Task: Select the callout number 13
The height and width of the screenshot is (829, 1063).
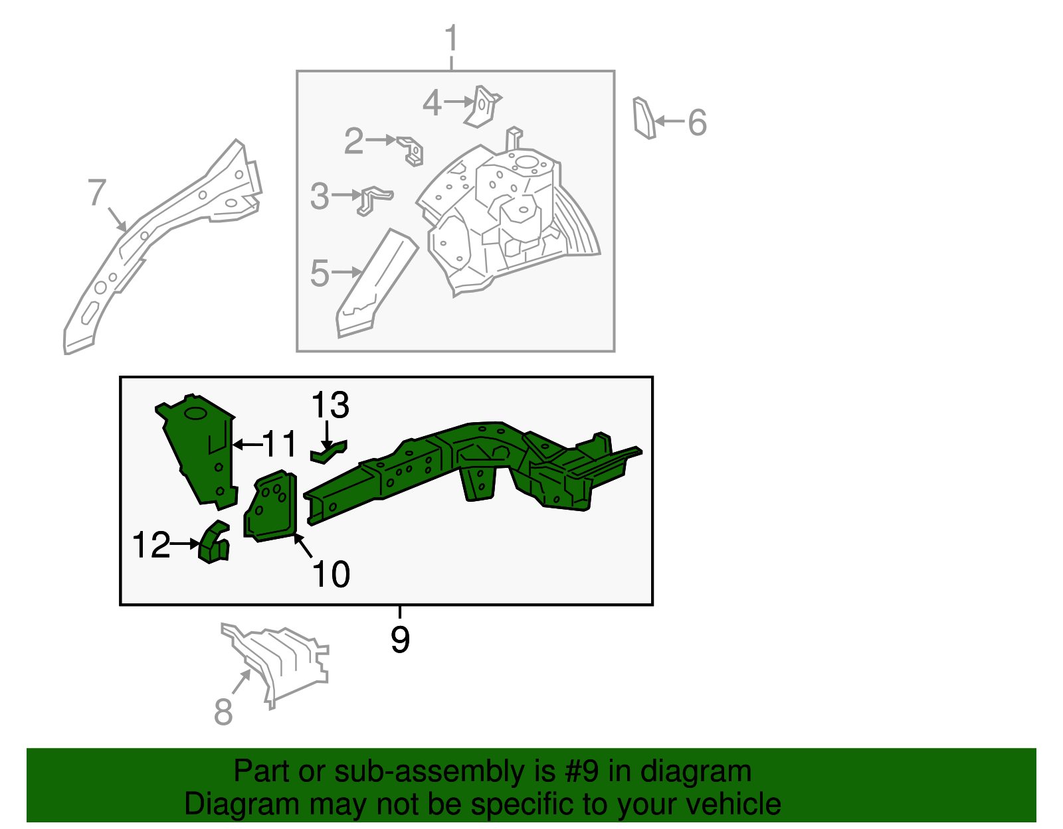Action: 330,405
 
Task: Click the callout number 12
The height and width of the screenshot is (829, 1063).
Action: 151,545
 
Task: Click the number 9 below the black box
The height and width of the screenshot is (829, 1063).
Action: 400,639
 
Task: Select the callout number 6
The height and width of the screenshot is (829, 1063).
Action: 697,122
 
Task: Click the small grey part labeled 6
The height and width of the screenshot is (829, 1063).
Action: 644,118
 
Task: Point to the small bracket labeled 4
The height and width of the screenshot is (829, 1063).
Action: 483,106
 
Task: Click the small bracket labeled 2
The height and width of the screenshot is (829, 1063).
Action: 410,151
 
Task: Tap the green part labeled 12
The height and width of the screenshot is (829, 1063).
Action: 214,542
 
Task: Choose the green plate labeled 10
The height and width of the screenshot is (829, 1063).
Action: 270,506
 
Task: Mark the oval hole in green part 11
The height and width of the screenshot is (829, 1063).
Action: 196,414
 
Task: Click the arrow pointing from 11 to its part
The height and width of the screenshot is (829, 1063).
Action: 248,445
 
